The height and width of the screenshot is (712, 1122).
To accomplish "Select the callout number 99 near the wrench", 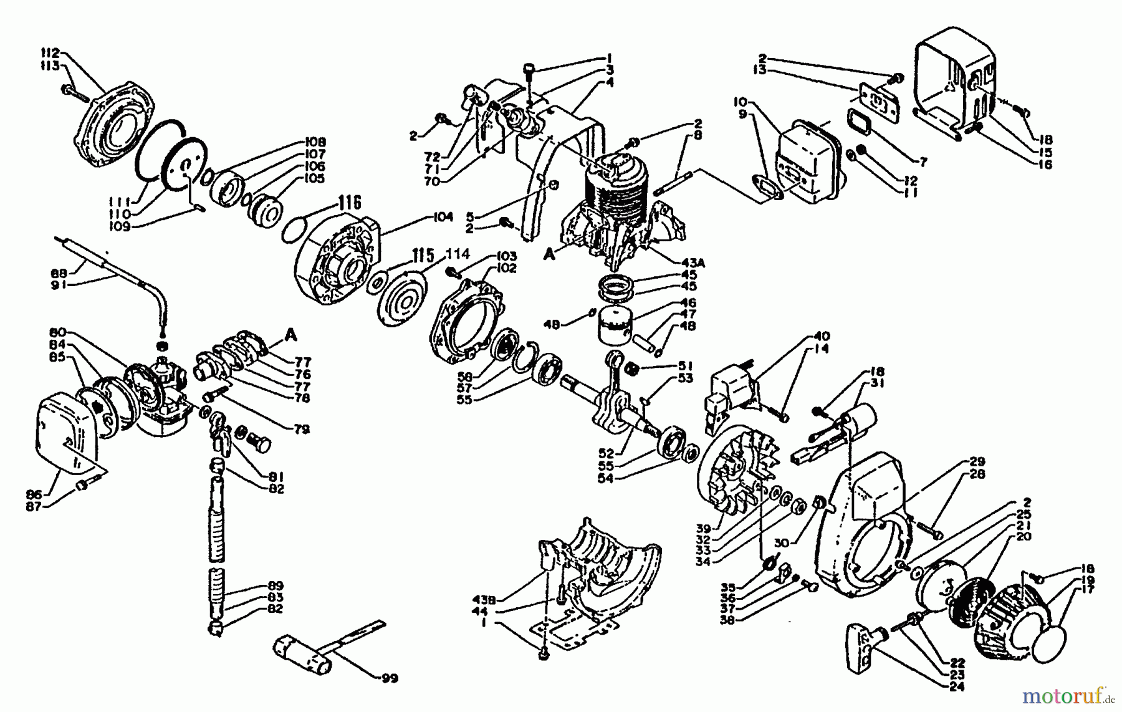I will point(390,678).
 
